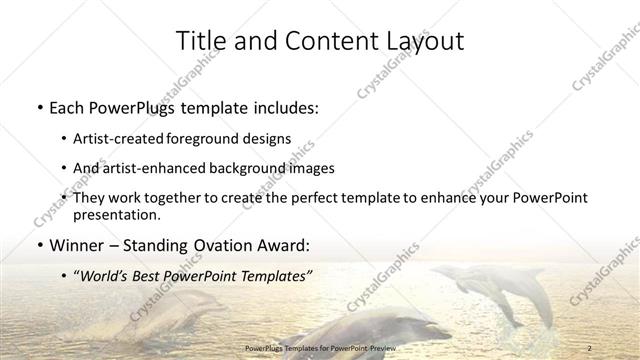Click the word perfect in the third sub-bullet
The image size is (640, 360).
[x=308, y=197]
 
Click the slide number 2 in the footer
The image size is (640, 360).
[x=591, y=347]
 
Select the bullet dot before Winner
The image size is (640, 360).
[x=38, y=244]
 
